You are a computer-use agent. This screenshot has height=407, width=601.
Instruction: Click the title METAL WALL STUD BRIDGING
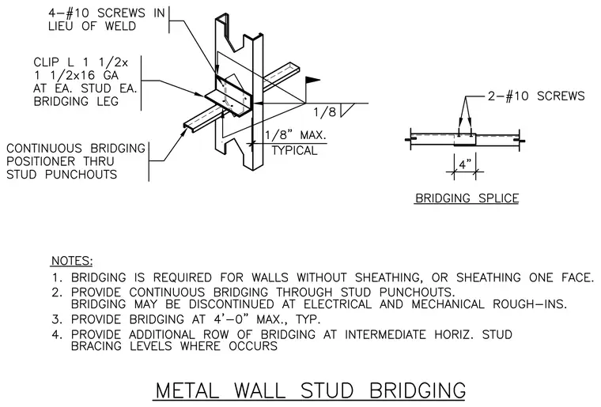click(310, 390)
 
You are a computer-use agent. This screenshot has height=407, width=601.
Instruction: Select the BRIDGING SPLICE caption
click(467, 198)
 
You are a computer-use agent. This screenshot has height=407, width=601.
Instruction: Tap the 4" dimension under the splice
click(465, 165)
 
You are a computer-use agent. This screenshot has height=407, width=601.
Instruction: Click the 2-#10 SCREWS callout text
click(536, 96)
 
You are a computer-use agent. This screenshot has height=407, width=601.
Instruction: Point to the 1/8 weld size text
click(325, 112)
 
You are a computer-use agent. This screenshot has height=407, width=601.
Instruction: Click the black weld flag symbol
click(312, 80)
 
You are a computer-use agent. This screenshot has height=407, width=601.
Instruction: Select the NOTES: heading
click(72, 261)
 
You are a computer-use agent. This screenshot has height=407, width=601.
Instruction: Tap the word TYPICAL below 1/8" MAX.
click(294, 150)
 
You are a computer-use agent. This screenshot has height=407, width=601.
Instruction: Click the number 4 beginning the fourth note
click(55, 334)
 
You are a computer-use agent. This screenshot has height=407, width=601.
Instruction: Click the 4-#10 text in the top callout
click(68, 13)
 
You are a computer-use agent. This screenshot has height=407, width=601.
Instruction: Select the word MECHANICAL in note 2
click(448, 304)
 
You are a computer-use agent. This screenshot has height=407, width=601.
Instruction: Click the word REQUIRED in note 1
click(183, 277)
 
